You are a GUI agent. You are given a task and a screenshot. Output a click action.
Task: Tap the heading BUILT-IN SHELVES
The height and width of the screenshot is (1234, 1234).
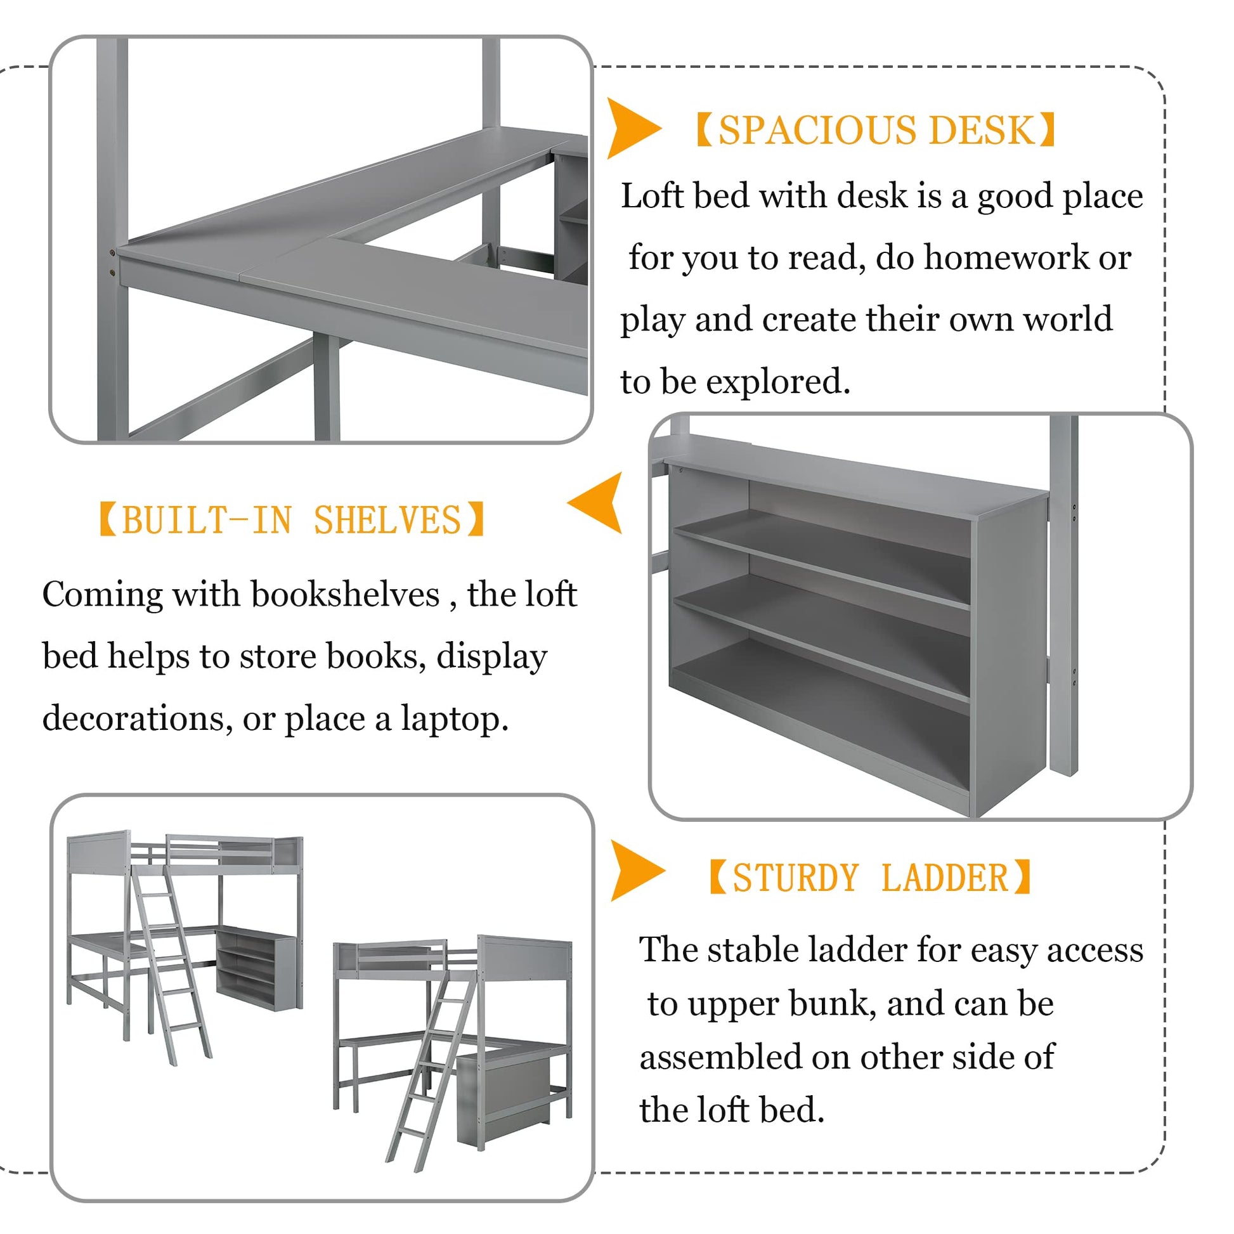(x=292, y=519)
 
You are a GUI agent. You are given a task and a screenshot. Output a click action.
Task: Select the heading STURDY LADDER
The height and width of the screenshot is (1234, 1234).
(x=871, y=877)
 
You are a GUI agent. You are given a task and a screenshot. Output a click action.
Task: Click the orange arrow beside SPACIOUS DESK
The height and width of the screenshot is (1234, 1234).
(x=632, y=127)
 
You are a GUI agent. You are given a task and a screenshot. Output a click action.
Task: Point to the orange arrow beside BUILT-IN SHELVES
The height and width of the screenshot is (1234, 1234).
(x=596, y=503)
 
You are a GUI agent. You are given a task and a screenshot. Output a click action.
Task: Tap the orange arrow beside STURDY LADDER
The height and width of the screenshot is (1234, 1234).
(x=636, y=870)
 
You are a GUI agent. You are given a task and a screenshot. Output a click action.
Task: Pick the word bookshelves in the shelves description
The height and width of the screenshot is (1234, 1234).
(x=345, y=595)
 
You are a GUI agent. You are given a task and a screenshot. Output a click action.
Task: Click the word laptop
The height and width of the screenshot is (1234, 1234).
(x=454, y=718)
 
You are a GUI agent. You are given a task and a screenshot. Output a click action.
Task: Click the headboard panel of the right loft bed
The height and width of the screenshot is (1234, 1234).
(x=525, y=960)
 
